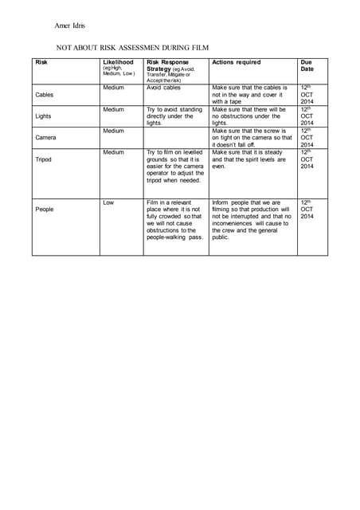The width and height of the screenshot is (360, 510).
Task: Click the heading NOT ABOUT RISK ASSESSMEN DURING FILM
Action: coord(132,48)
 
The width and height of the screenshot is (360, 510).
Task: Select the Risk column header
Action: coord(41,62)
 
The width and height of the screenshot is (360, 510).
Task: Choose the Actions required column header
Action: coord(236,62)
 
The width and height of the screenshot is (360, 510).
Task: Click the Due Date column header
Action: coord(307,65)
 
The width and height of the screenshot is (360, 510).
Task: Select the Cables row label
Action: coord(45,95)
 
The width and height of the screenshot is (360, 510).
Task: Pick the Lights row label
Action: coord(44,116)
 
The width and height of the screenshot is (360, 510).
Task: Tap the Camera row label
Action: coord(45,137)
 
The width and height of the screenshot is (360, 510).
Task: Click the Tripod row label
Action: coord(44,159)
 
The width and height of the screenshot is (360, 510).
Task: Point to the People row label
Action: coord(45,209)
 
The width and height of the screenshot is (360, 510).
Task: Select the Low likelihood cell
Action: coord(108,202)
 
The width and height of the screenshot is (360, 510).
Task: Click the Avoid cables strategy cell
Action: coord(164,88)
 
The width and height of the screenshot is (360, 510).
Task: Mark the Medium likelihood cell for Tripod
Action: coord(114,151)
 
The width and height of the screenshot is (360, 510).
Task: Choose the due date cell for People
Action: coord(307,210)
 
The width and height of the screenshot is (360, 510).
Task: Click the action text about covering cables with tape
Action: coord(248,94)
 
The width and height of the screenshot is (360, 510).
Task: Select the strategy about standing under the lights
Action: coord(174,116)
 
